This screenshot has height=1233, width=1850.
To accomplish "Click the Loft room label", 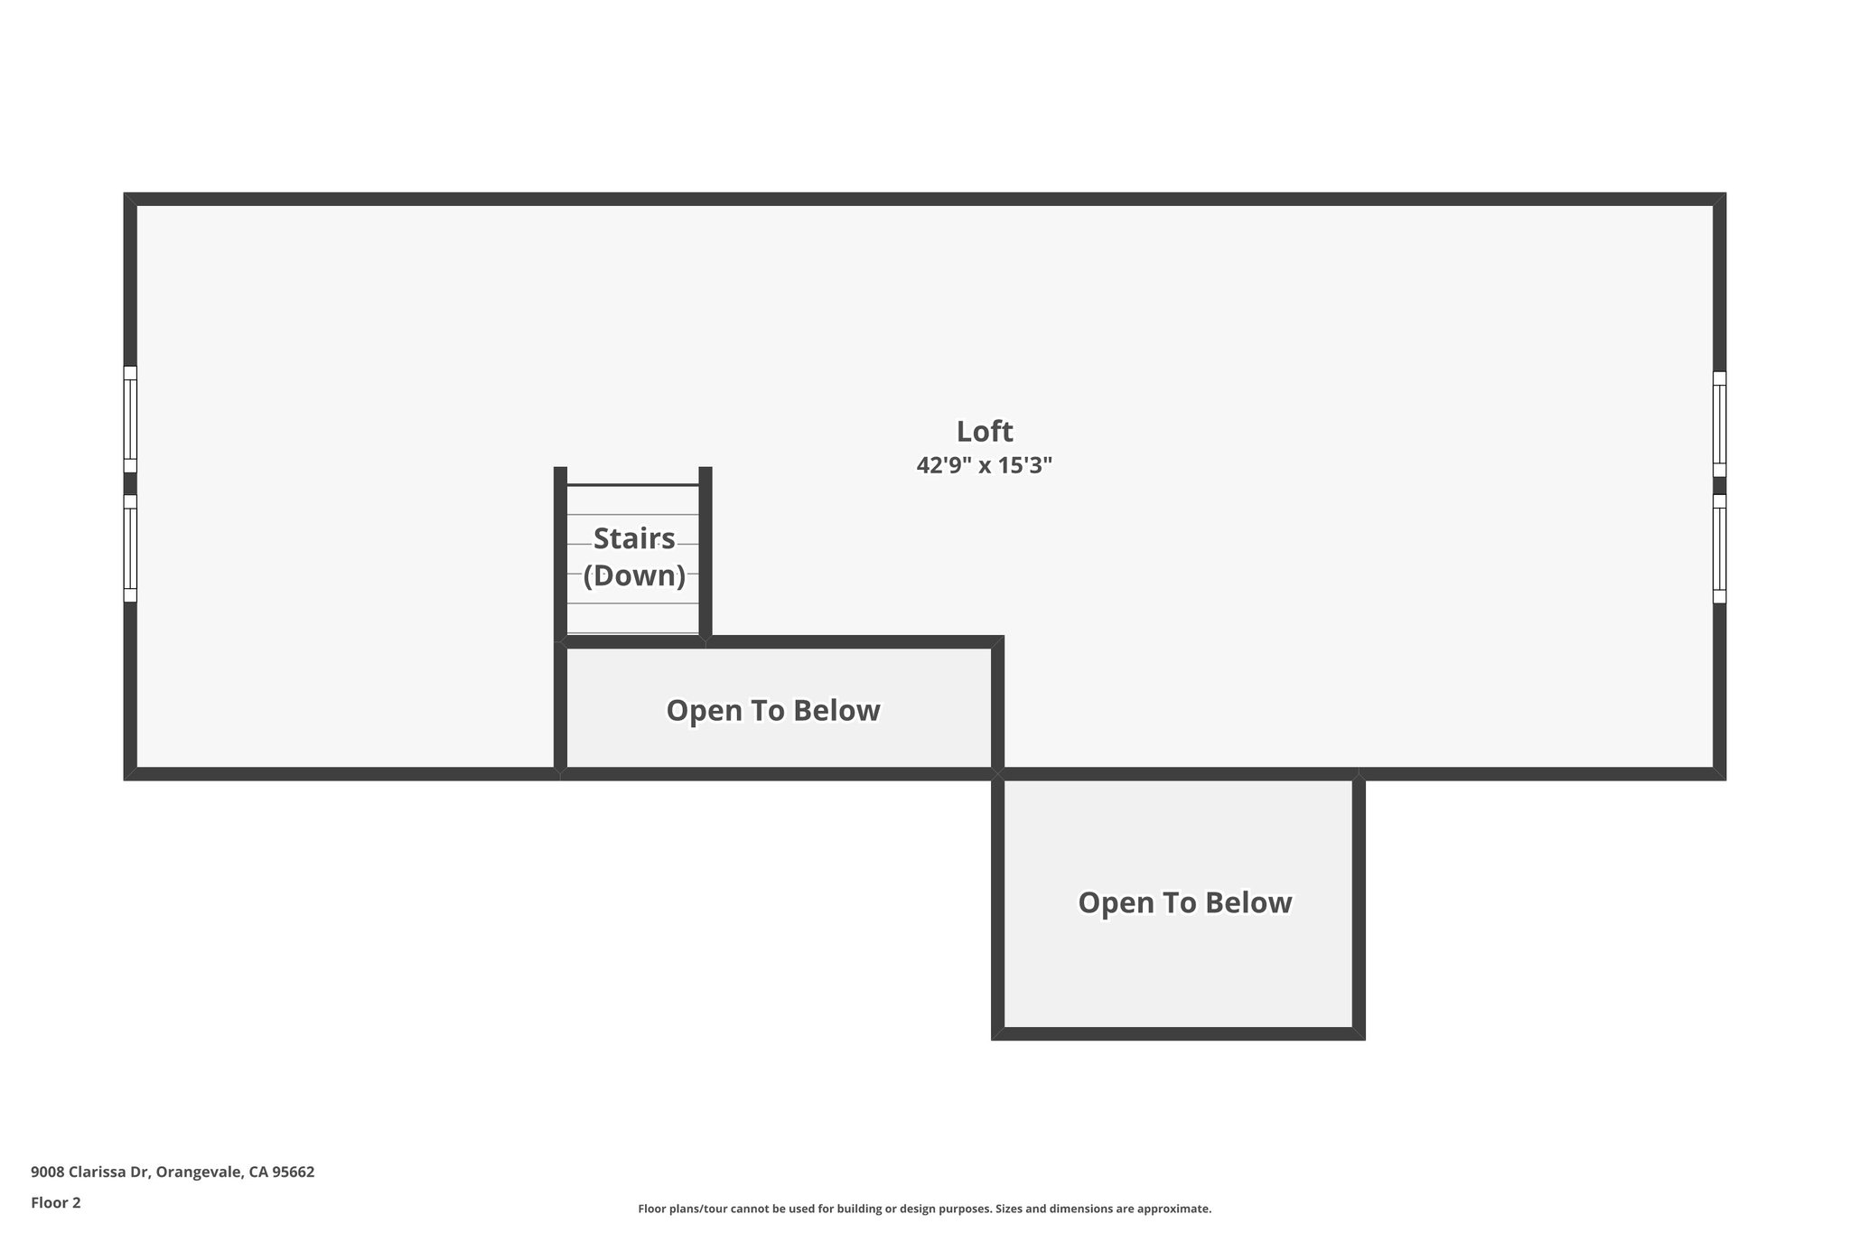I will click(985, 432).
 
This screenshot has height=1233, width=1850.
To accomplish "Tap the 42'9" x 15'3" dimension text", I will click(985, 466).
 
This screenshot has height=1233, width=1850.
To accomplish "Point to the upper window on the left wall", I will click(130, 419).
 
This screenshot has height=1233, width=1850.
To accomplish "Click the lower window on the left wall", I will click(130, 547).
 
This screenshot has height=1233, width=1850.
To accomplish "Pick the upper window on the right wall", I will click(1719, 424).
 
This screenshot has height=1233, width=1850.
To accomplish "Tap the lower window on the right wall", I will click(1719, 548).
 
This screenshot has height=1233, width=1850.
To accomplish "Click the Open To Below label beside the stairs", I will click(773, 711).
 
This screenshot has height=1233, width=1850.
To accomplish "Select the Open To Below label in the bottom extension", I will click(1185, 903).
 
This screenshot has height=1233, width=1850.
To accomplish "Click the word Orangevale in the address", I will click(198, 1172).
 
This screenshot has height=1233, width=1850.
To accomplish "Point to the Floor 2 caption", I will click(56, 1202).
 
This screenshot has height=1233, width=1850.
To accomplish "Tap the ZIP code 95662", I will click(294, 1172).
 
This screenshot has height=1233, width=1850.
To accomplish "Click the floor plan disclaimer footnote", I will click(924, 1209).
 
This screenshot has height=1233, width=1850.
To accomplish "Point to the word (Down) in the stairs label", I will click(634, 575).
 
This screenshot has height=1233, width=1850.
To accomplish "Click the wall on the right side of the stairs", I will click(705, 551).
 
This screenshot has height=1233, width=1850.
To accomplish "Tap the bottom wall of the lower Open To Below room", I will click(1178, 1033).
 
